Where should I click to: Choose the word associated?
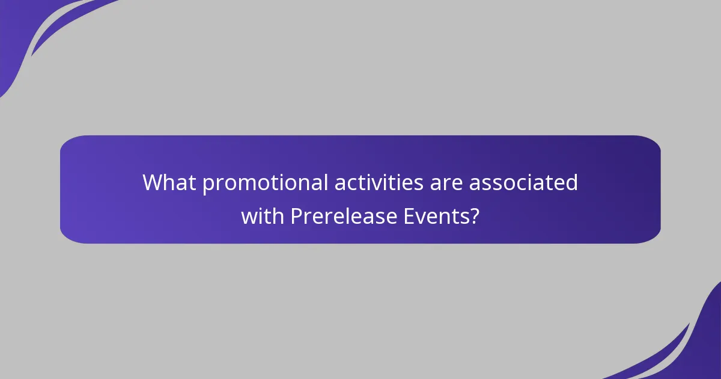(523, 182)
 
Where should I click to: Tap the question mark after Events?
(475, 215)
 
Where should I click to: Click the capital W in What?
(153, 182)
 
